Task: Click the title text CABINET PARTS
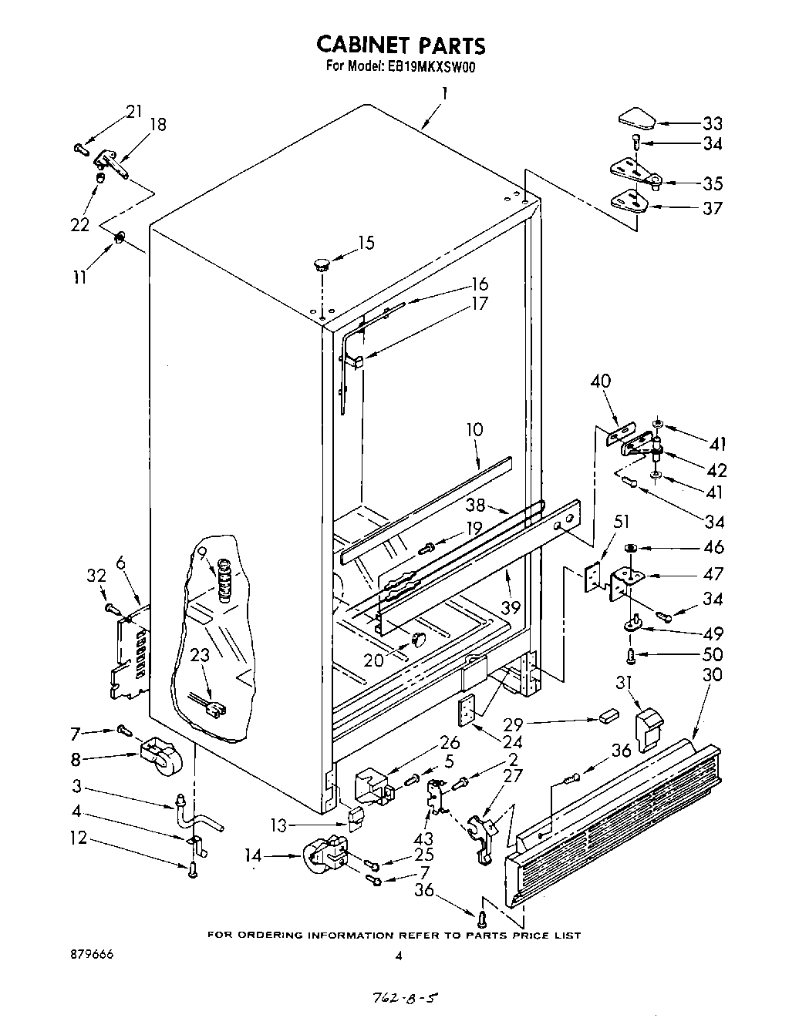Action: tap(402, 45)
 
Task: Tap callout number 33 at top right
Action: tap(712, 123)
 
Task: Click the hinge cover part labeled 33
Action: tap(636, 118)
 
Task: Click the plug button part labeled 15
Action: tap(320, 265)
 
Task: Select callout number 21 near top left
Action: tap(134, 111)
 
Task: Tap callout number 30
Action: tap(713, 674)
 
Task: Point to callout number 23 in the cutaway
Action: tap(200, 656)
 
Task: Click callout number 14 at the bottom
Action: tap(273, 854)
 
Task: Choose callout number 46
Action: tap(713, 547)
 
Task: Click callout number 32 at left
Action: tap(96, 574)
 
